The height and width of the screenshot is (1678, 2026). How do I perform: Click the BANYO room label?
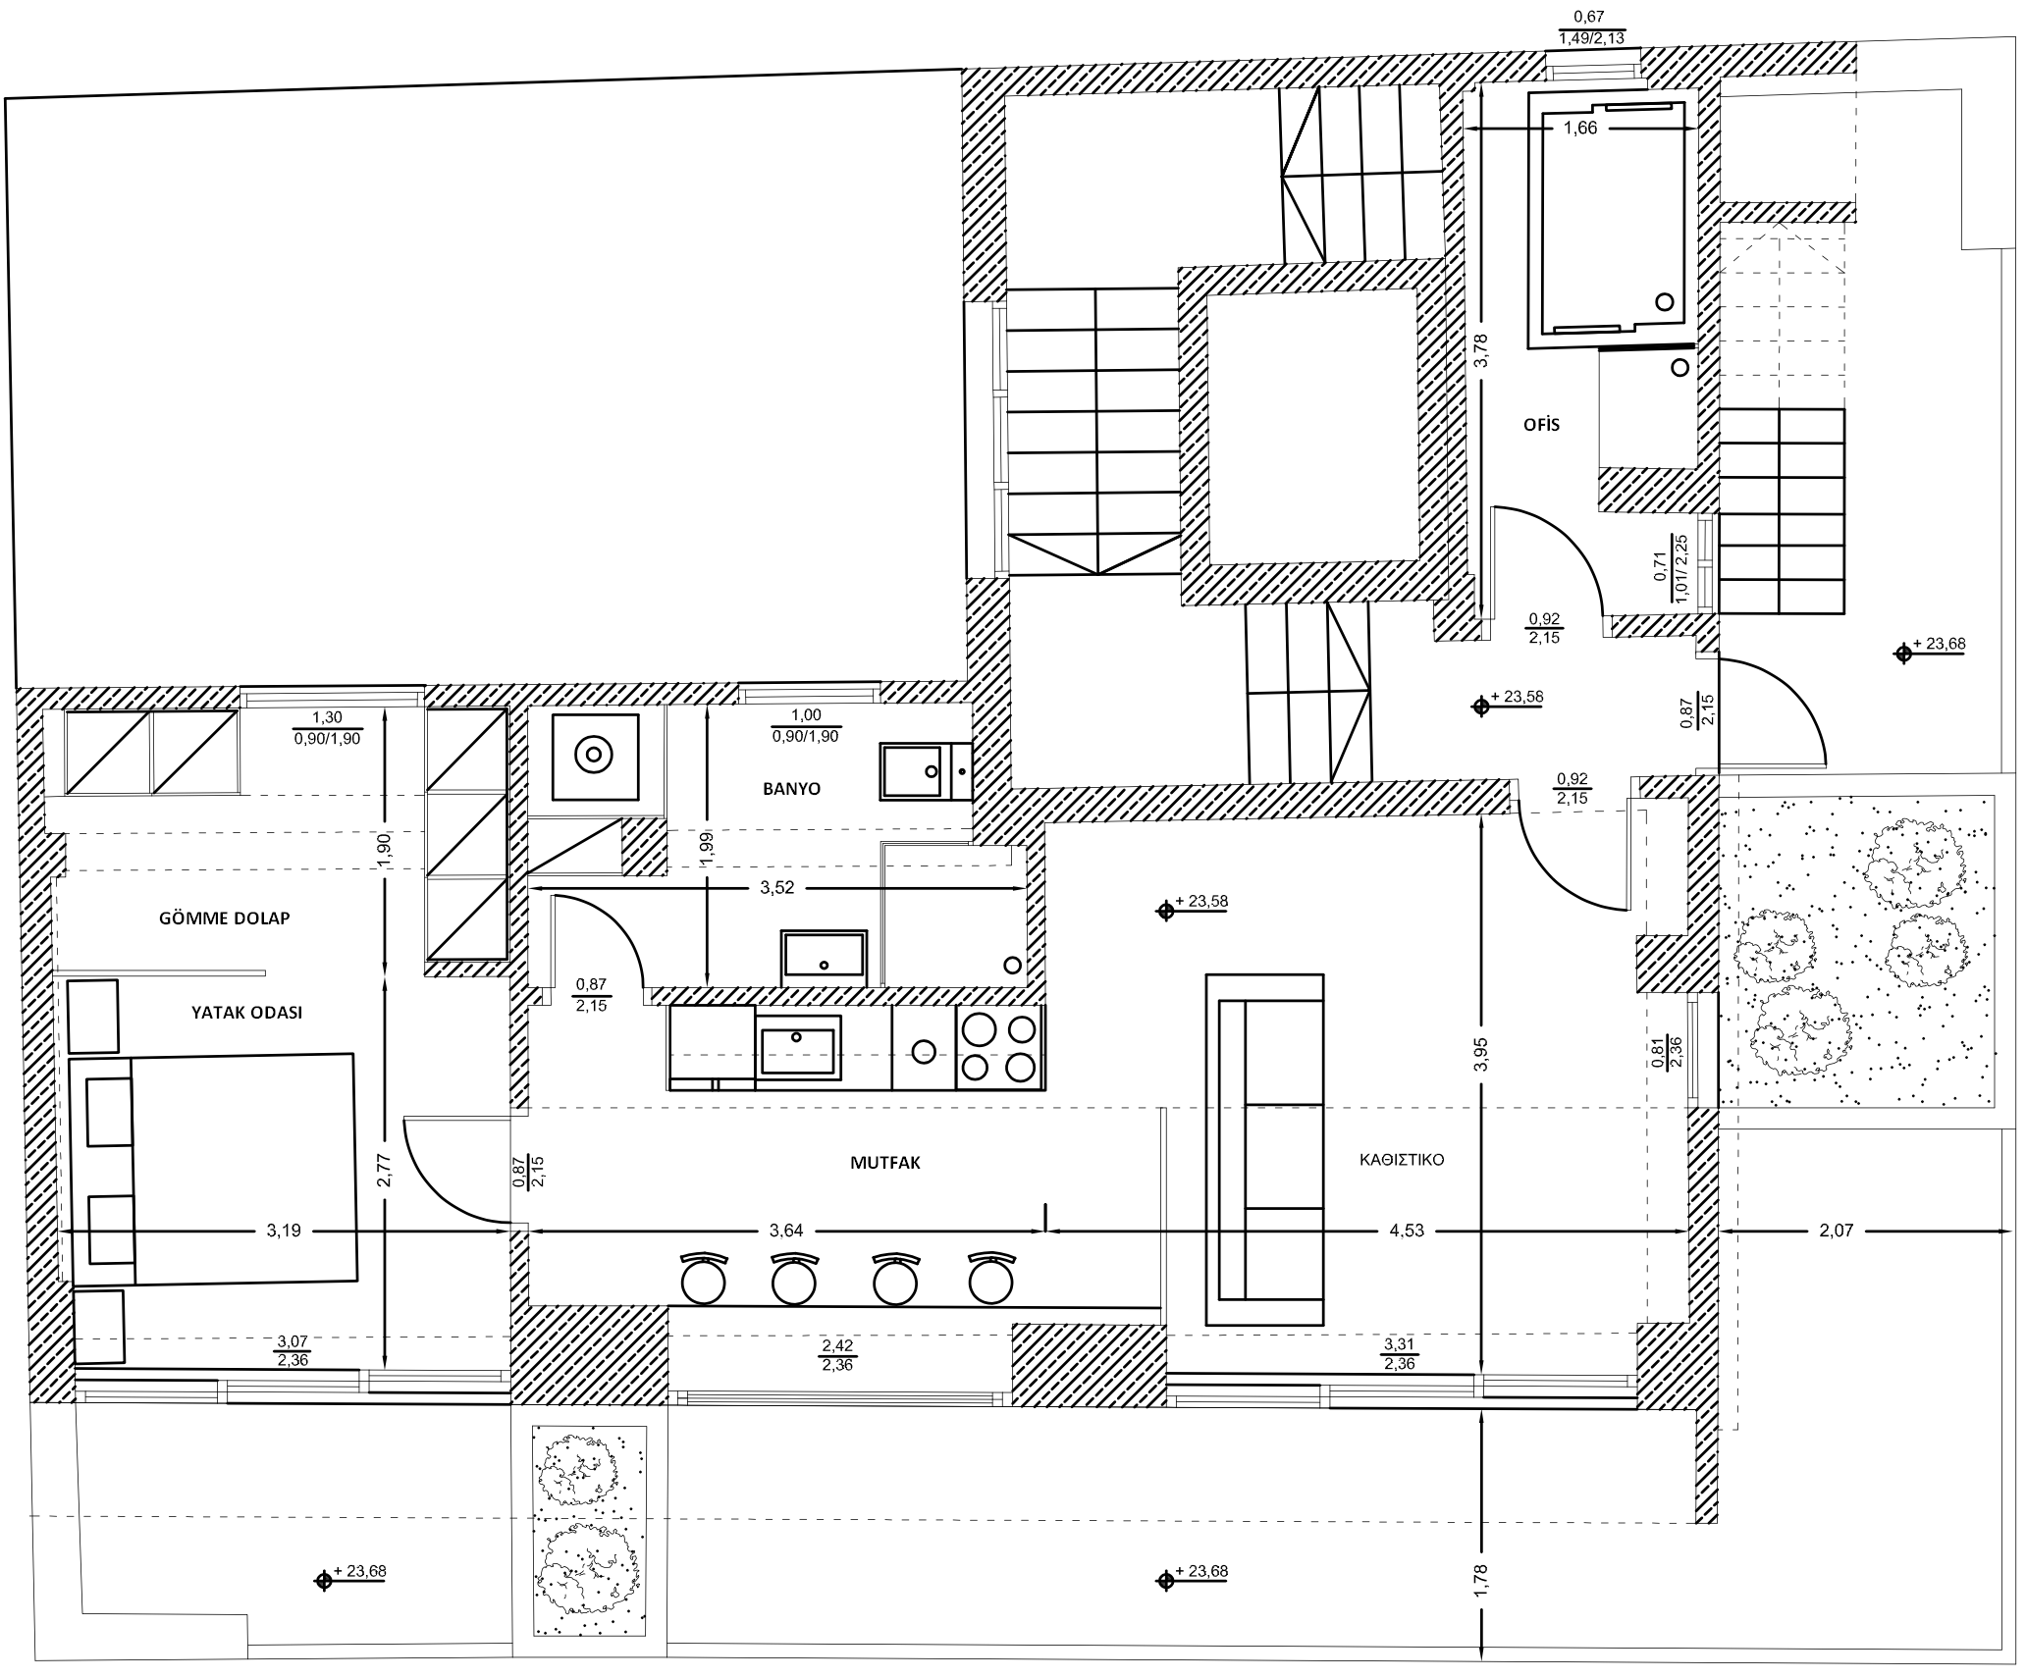(791, 788)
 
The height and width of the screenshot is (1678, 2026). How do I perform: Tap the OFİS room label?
(1541, 425)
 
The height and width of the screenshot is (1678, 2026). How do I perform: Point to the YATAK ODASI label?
(246, 1013)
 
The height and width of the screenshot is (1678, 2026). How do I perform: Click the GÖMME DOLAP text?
(225, 918)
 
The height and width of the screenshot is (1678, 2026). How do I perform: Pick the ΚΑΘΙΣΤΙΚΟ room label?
(1402, 1159)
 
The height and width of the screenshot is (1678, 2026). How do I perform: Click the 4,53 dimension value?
(1407, 1232)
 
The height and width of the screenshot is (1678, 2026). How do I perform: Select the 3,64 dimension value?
(787, 1232)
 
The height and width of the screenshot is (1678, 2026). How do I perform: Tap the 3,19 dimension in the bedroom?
(284, 1232)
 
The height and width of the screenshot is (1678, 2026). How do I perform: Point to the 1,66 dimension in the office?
(1580, 129)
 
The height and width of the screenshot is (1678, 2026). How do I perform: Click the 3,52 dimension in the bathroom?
(777, 889)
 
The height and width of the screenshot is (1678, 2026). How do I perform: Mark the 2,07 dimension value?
(1837, 1232)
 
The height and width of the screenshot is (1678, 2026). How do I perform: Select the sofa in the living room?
(1264, 1150)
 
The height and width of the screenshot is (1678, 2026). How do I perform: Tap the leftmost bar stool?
(704, 1278)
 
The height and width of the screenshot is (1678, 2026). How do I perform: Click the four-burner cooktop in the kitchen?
(999, 1047)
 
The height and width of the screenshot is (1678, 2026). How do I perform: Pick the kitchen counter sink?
(799, 1047)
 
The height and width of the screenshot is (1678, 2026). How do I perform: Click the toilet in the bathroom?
(595, 757)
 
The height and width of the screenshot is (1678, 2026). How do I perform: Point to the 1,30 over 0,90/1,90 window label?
(328, 728)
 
